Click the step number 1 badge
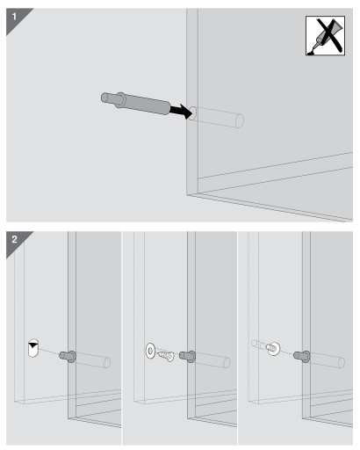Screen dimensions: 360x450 tap(15, 17)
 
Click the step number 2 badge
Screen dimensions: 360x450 tap(15, 240)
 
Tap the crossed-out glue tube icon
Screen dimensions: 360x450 tap(325, 36)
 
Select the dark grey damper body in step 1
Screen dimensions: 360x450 tap(147, 104)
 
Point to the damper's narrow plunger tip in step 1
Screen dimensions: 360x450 tap(108, 98)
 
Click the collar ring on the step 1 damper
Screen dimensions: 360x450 tap(120, 100)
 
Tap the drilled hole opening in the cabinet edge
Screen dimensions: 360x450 tap(192, 113)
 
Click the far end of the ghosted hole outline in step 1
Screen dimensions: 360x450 tap(240, 121)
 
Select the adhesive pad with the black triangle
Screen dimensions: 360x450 tap(33, 348)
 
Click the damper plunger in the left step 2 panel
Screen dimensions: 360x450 tap(68, 356)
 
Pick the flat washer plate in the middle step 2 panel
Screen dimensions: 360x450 tap(150, 351)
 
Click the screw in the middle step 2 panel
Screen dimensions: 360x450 tap(166, 356)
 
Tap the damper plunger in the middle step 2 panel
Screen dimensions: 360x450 tap(187, 356)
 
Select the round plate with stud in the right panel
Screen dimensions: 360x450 tap(273, 348)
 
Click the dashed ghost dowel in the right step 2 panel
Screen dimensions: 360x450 tap(258, 345)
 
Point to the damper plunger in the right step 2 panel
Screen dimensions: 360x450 tap(302, 356)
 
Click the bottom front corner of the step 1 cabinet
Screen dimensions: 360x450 tap(187, 194)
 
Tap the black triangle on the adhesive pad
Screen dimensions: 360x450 tap(33, 345)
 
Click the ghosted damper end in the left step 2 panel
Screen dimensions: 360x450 tap(107, 363)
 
